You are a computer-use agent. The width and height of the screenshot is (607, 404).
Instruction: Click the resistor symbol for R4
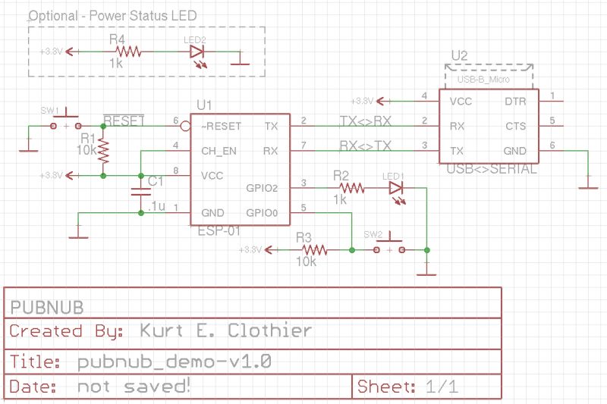coord(128,52)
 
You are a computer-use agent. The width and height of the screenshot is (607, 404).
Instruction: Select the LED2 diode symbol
coord(197,52)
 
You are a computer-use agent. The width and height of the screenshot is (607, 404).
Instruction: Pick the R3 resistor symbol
coord(313,249)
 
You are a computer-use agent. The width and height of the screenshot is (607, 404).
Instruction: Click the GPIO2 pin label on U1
coord(263,188)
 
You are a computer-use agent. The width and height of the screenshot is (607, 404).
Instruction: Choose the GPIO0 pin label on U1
coord(263,213)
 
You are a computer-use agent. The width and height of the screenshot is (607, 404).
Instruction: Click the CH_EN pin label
coord(220,151)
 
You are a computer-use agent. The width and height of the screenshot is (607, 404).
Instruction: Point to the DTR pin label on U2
coord(515,101)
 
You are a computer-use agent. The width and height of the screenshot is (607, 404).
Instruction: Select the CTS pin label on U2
coord(515,126)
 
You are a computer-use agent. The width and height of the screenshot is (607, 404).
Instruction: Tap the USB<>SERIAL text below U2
coord(491,170)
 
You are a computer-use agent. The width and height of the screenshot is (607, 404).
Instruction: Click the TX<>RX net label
coord(366,120)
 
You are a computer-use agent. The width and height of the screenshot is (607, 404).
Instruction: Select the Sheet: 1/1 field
coord(407,387)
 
